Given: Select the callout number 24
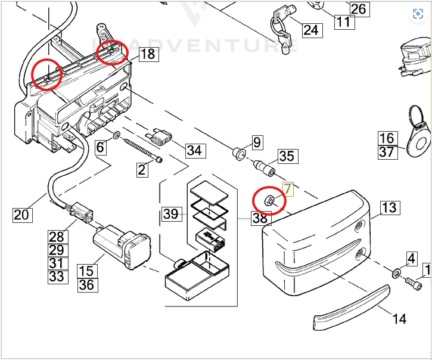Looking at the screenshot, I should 310,29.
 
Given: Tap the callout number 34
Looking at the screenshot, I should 194,150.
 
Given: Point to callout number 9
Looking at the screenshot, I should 257,142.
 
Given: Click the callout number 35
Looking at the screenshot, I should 287,157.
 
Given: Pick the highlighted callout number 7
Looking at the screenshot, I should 288,189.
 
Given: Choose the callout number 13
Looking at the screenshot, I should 389,207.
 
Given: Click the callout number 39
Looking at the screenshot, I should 171,213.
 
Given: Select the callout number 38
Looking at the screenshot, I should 260,218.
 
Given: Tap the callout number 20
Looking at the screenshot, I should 21,214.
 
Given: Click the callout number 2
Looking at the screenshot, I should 141,170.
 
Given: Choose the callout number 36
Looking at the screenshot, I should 86,285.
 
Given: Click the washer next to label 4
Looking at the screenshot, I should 396,274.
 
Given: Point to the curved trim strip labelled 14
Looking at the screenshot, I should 352,306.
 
